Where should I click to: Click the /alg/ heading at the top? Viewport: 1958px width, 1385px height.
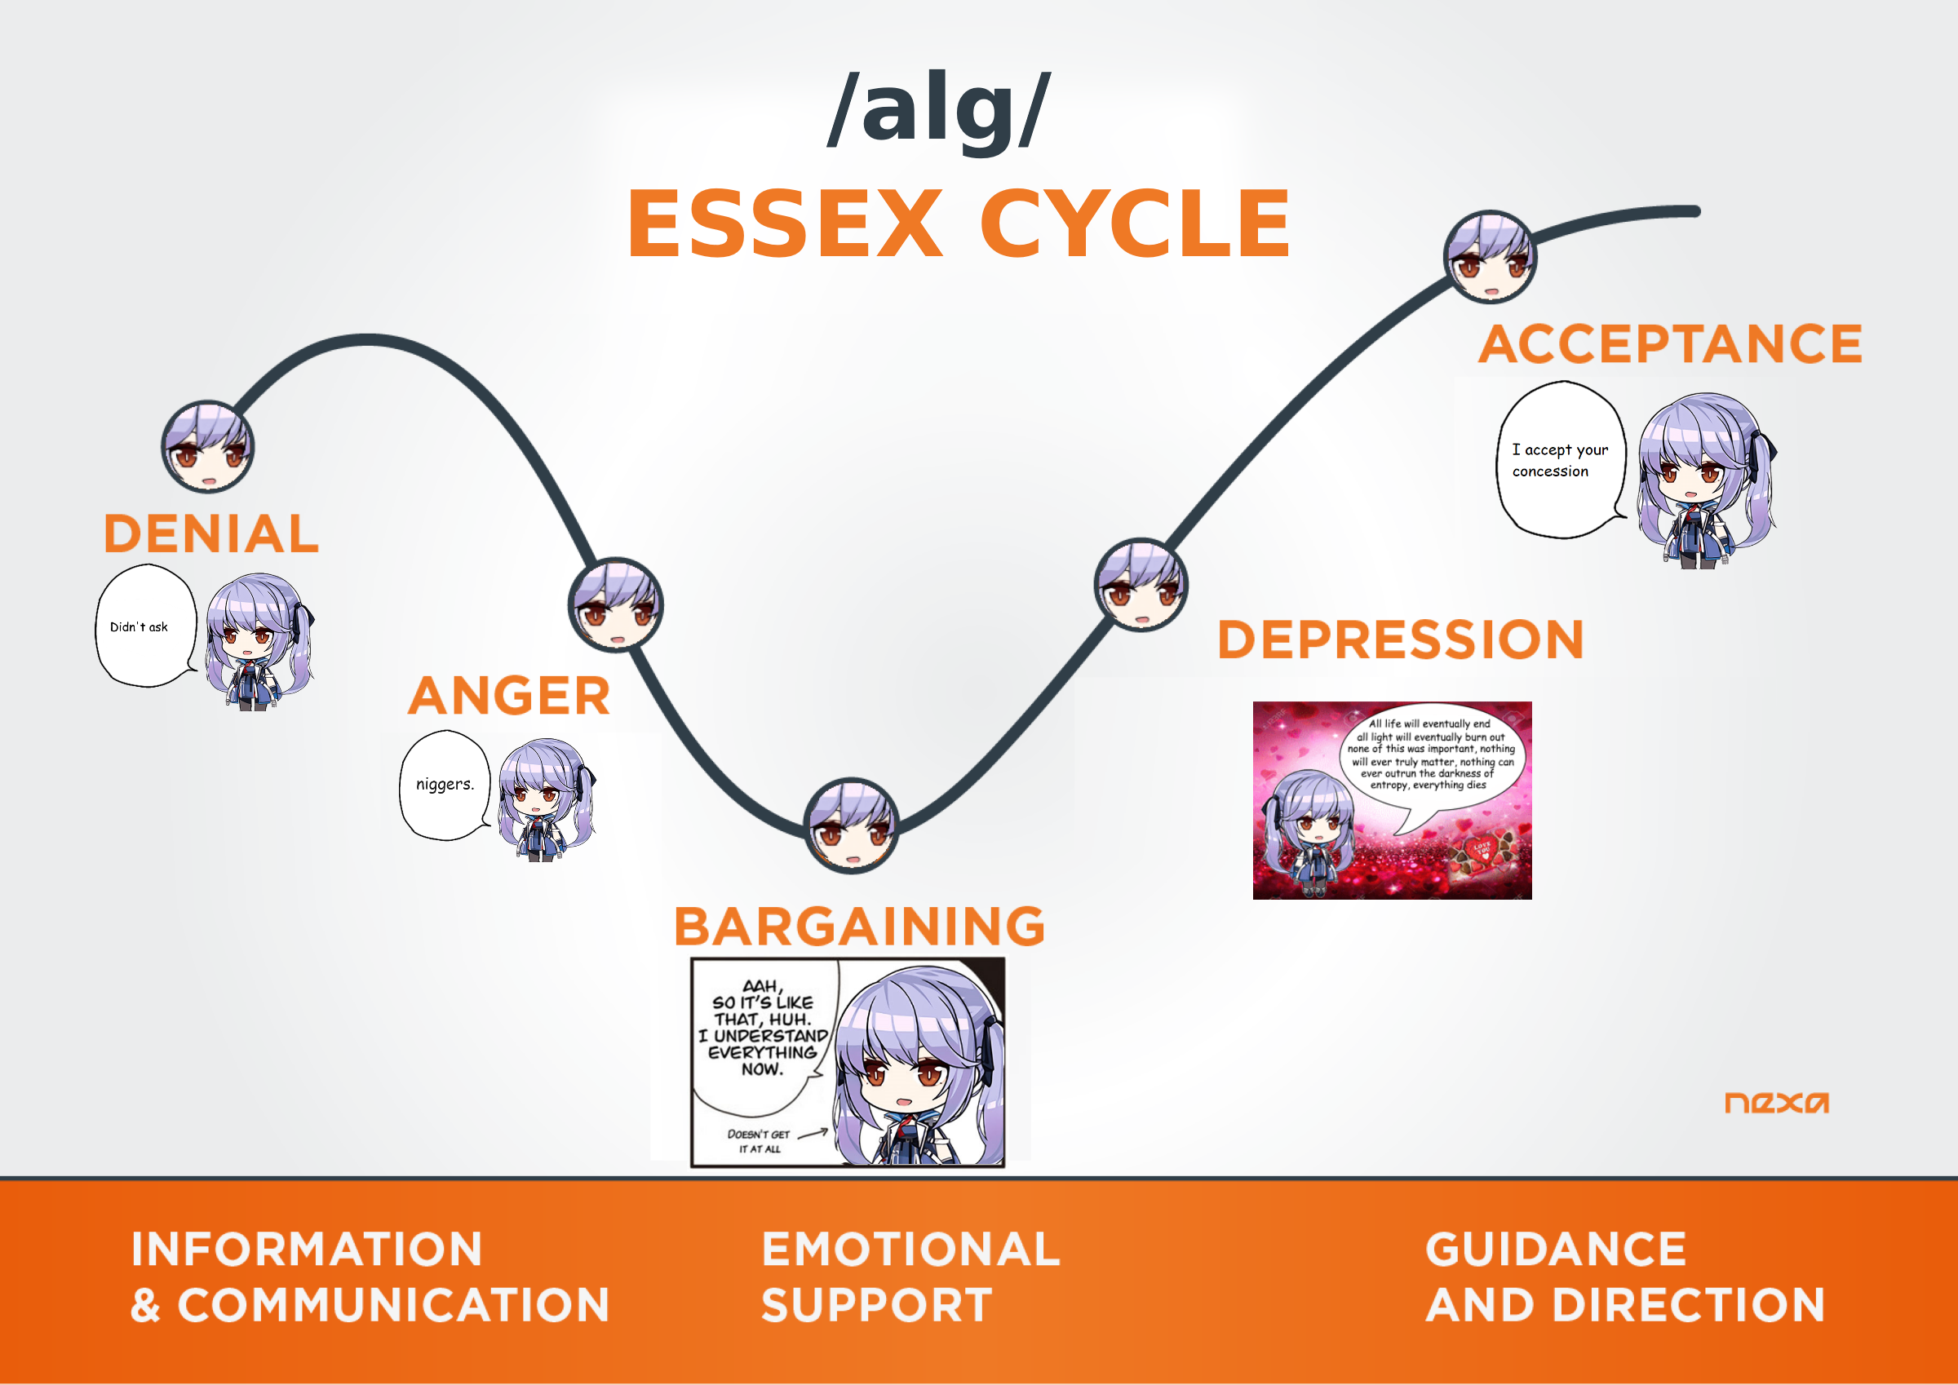[940, 111]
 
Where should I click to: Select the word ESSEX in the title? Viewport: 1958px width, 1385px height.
[786, 223]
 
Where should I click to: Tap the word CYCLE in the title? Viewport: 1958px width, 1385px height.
[1135, 223]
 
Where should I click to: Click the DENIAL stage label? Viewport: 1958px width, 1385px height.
[211, 534]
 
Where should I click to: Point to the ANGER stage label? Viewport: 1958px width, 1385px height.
[509, 696]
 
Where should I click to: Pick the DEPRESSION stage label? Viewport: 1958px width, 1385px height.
[1400, 639]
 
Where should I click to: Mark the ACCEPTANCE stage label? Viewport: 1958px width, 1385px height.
[1671, 343]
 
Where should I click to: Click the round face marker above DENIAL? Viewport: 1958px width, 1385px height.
[208, 446]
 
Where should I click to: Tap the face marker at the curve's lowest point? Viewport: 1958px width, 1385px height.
[851, 825]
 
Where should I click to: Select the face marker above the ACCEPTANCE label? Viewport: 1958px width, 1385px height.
[1490, 257]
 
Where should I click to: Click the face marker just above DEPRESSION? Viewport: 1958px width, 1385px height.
[1141, 584]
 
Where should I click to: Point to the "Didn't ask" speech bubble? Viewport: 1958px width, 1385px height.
[145, 626]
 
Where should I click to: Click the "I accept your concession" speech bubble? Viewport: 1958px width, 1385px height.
[1561, 460]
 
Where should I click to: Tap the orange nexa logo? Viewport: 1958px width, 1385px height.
[1776, 1103]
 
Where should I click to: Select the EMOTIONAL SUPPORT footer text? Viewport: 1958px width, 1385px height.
[910, 1277]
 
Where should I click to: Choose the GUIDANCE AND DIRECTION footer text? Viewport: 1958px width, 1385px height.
[1624, 1277]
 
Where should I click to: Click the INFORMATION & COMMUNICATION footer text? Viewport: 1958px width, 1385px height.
[370, 1277]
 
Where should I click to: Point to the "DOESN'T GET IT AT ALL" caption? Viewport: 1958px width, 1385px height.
[759, 1141]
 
